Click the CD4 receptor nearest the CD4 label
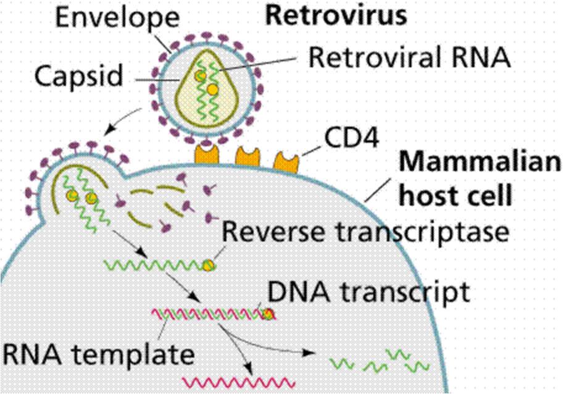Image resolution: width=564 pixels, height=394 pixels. click(285, 160)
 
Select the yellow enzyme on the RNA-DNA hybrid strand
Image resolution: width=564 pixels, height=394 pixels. click(267, 314)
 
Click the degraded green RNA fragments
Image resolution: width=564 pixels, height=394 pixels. click(379, 361)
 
